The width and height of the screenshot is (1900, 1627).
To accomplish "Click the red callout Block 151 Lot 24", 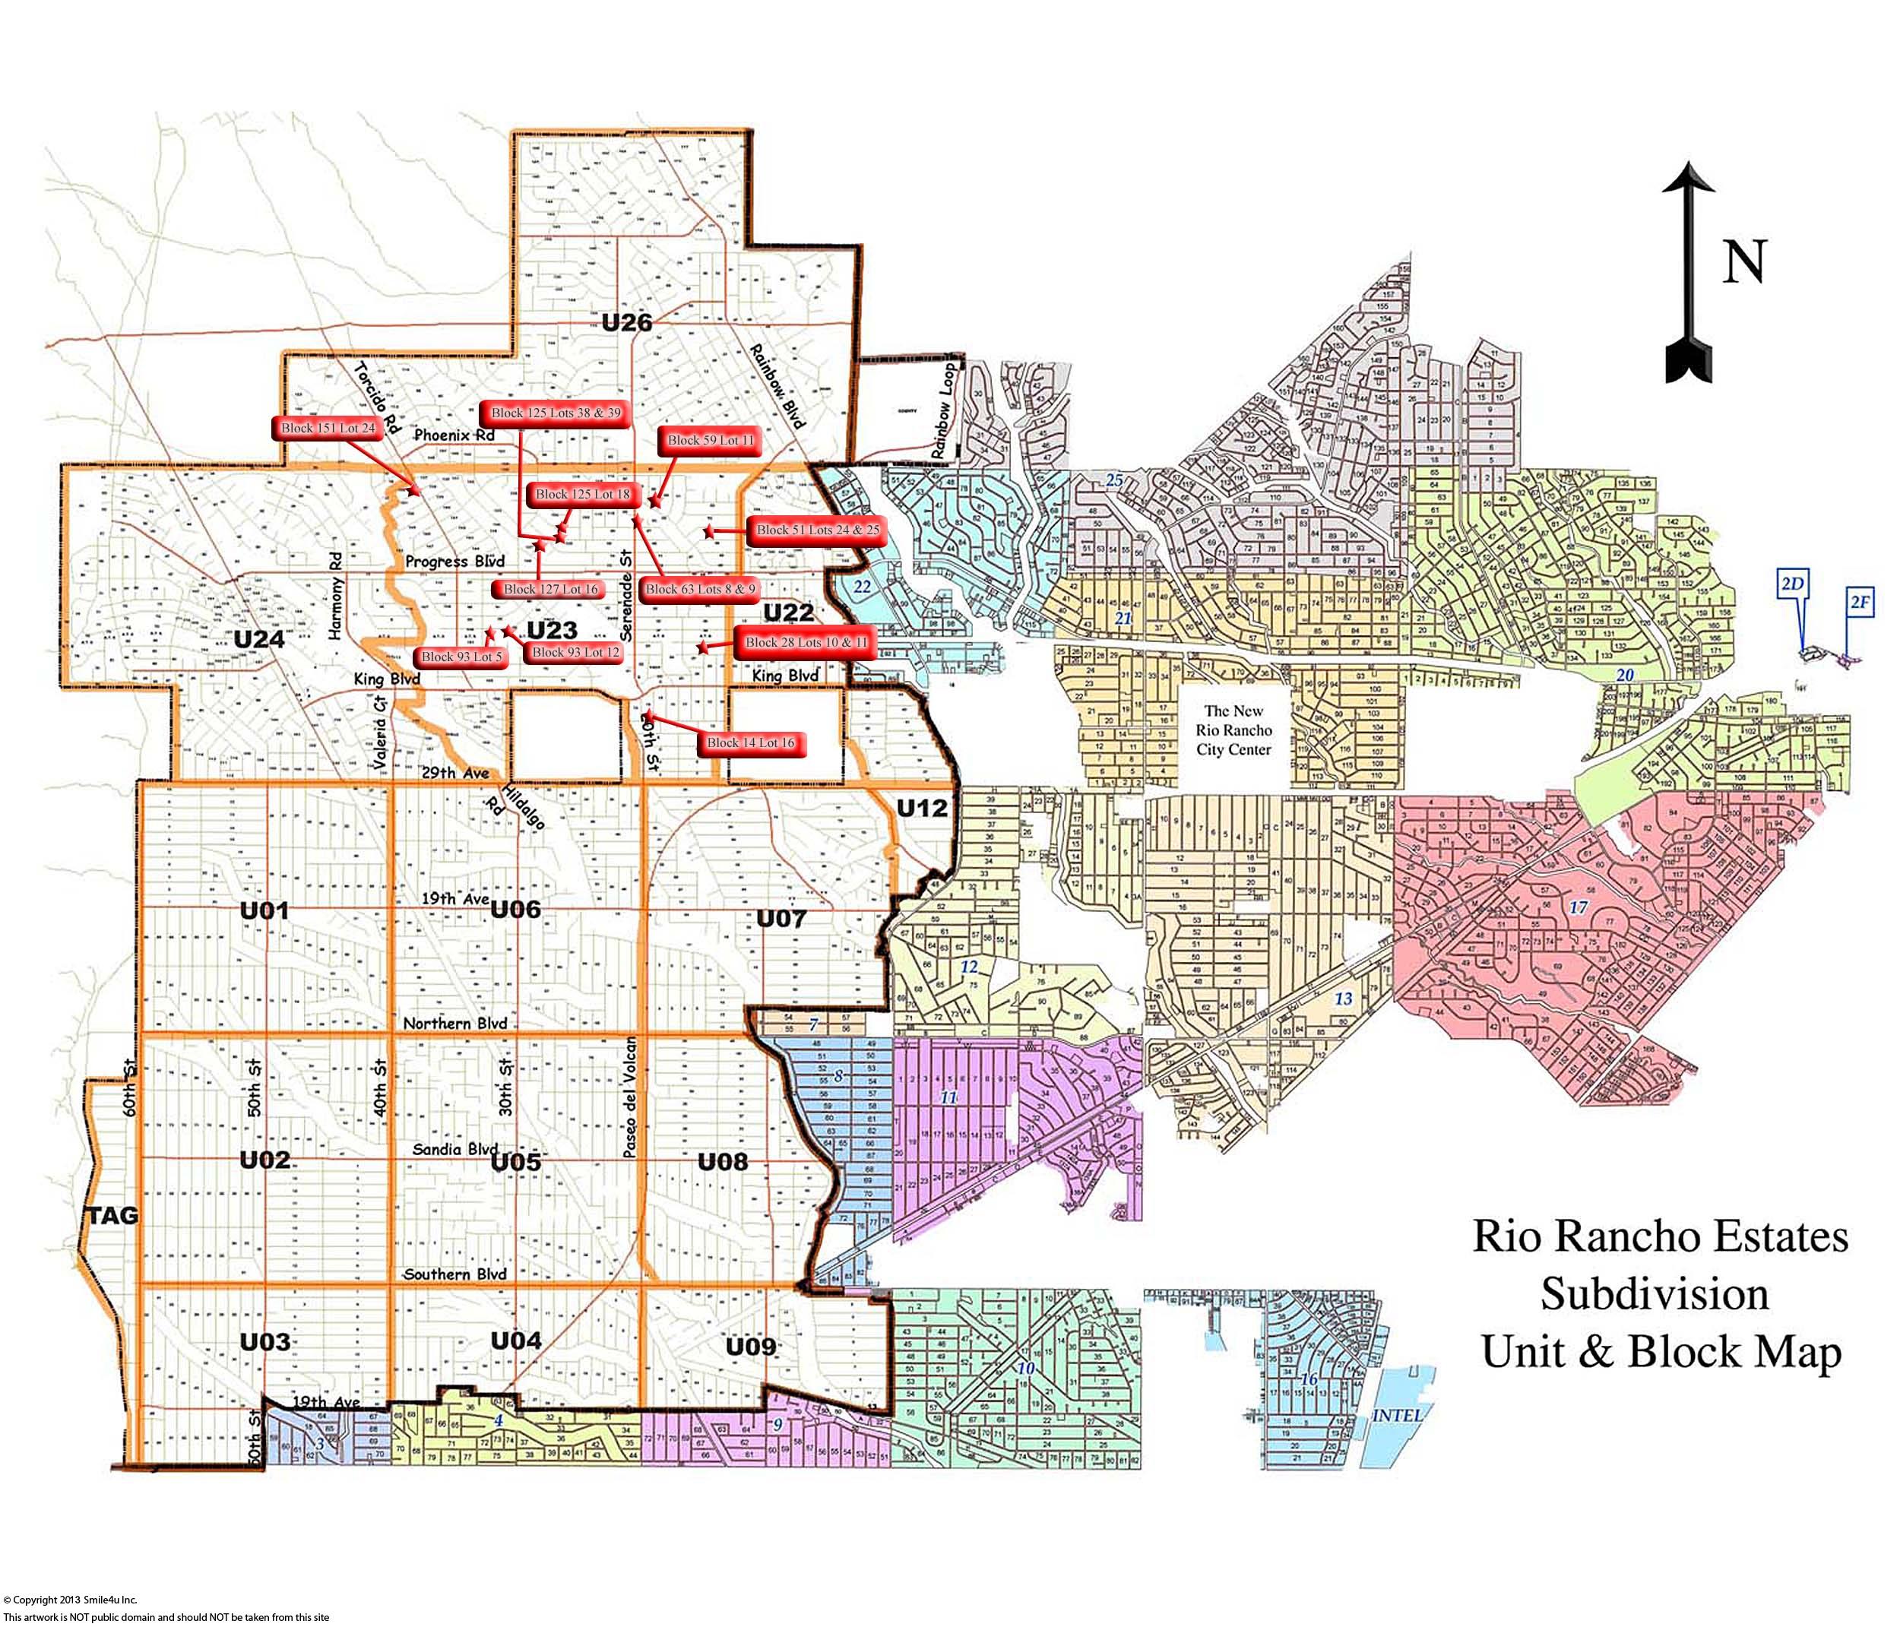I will point(328,429).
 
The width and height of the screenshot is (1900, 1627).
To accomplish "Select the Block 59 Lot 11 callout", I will point(711,440).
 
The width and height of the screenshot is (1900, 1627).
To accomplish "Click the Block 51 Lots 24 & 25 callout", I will point(817,530).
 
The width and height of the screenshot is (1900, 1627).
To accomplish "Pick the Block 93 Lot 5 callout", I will point(461,657).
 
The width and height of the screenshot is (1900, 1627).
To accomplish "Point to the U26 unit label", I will point(626,322).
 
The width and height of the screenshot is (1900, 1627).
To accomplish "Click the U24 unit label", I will point(258,639).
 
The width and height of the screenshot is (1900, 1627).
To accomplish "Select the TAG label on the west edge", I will point(114,1215).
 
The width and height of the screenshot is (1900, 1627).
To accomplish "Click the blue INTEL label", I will point(1397,1415).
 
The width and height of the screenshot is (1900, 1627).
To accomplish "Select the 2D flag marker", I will point(1792,584).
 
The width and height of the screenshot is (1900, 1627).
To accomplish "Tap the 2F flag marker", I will point(1860,603).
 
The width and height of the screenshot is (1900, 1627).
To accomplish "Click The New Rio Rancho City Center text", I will point(1233,730).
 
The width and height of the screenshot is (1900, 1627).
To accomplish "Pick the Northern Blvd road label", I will point(454,1024).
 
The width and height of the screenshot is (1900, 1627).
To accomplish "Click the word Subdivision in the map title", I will point(1655,1294).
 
